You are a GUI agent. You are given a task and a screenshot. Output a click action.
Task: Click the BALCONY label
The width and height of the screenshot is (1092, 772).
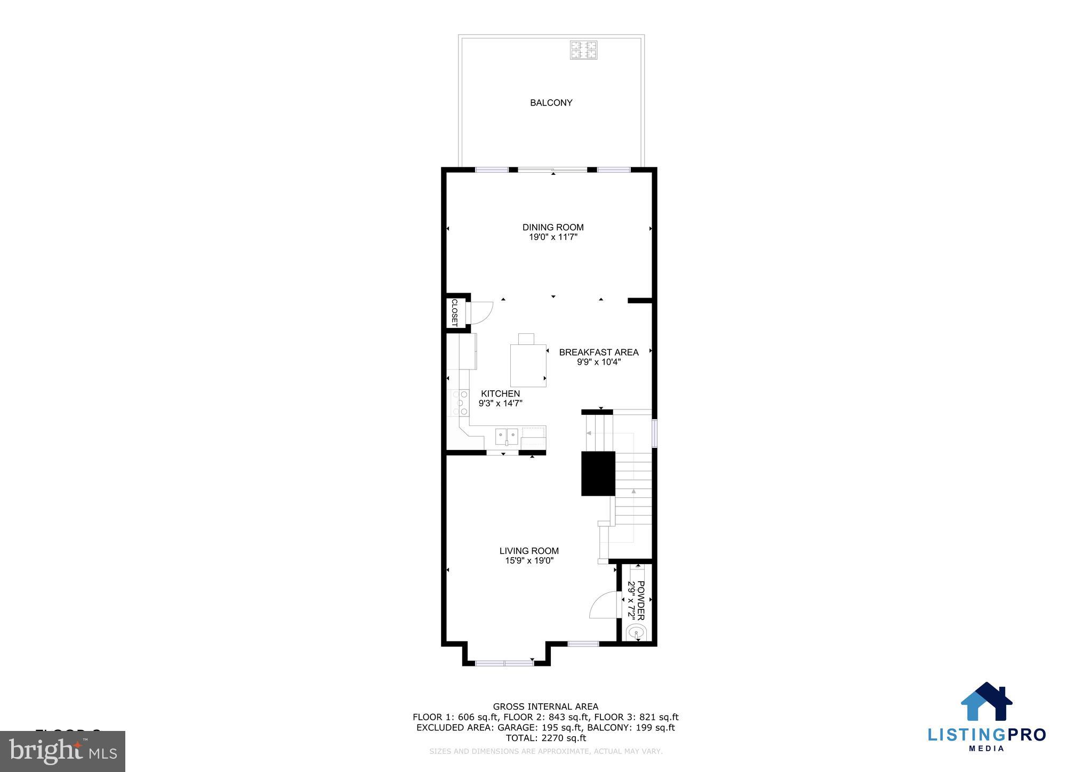tap(551, 103)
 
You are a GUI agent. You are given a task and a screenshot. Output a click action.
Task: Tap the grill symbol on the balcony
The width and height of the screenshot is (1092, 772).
tap(583, 50)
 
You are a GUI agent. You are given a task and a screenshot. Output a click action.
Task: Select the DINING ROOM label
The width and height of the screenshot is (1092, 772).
tap(553, 227)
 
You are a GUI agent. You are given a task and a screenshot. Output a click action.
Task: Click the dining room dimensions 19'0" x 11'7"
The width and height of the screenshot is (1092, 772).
tap(553, 237)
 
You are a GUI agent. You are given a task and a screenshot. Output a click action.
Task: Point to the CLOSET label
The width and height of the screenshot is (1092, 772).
tap(454, 312)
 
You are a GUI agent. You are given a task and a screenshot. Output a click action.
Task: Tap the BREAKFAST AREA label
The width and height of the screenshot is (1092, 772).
tap(598, 352)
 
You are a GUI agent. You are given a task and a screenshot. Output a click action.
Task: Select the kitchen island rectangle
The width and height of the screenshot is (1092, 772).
tap(528, 365)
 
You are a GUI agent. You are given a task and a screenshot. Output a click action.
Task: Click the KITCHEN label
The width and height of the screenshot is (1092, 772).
tap(500, 394)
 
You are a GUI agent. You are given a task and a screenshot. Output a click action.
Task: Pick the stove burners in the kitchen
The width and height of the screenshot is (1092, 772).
tap(460, 403)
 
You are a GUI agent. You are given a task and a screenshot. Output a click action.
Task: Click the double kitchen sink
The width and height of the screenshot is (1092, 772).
tap(506, 435)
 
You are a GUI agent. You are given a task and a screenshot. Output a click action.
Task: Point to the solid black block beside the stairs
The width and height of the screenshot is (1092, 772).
tap(598, 473)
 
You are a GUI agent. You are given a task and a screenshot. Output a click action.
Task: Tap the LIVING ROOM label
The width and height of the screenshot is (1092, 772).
tap(529, 551)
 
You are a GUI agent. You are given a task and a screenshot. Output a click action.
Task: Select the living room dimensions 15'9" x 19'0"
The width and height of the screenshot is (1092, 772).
tap(529, 561)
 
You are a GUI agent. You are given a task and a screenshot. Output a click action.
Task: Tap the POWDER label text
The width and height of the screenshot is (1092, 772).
tap(641, 600)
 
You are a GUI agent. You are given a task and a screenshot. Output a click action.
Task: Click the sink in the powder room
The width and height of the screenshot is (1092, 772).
tap(636, 633)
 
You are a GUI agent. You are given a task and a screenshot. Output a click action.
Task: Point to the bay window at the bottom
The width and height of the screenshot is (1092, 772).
tap(504, 663)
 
